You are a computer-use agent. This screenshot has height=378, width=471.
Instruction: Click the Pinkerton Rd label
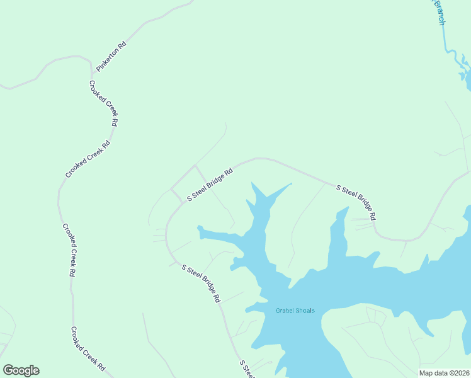[x=111, y=57]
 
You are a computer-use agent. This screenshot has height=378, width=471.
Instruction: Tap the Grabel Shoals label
[x=295, y=311]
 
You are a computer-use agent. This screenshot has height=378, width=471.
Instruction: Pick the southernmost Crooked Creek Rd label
[x=87, y=348]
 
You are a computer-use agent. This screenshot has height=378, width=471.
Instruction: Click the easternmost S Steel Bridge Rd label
[x=356, y=202]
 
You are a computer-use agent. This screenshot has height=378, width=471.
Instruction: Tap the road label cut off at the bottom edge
[x=247, y=369]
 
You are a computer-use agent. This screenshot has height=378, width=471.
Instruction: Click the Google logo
[x=21, y=370]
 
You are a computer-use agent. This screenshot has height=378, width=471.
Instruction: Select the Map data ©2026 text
[x=444, y=373]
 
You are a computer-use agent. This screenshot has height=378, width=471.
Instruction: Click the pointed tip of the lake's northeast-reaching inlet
[x=292, y=183]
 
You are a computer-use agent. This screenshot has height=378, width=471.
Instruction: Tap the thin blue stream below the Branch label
[x=446, y=44]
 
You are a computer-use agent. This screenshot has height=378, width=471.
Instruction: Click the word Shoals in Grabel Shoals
[x=304, y=311]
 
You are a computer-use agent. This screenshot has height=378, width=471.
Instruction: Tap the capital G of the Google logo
[x=8, y=370]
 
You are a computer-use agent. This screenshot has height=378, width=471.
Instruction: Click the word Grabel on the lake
[x=285, y=311]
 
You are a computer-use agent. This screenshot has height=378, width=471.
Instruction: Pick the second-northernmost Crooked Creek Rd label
[x=88, y=159]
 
